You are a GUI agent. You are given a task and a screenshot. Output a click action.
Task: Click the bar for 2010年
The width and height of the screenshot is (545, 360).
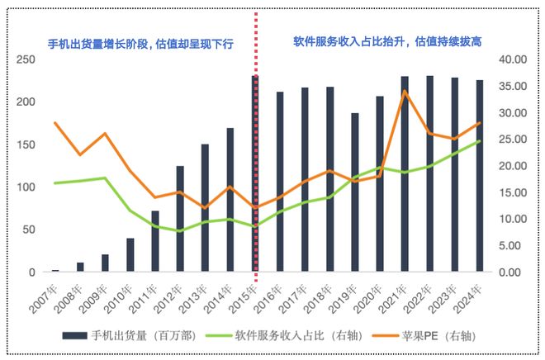130,255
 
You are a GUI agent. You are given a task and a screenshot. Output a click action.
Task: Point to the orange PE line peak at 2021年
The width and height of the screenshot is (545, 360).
405,91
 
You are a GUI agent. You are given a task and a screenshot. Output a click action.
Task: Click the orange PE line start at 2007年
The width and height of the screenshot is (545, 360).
55,123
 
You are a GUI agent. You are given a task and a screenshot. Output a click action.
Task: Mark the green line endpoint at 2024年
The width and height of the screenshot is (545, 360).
479,141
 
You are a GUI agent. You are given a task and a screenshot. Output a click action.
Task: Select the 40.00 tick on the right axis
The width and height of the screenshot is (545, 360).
512,59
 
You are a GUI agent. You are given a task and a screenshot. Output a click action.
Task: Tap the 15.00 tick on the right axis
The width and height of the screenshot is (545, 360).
512,192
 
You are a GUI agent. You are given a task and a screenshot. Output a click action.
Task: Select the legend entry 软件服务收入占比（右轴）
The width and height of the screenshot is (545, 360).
281,335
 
